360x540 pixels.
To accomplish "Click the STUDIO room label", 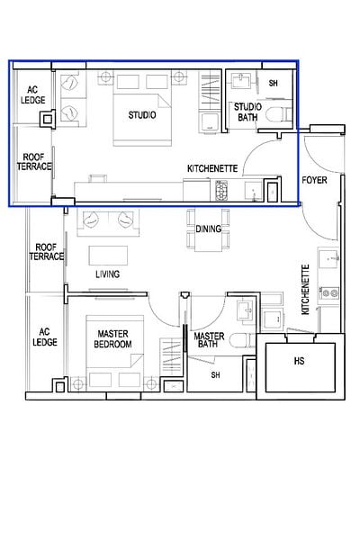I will pos(141,115).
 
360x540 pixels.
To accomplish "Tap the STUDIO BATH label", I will pos(248,112).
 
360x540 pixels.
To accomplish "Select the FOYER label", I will pos(314,180).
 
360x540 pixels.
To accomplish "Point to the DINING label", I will pos(208,229).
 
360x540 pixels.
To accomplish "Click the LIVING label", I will pos(109,274).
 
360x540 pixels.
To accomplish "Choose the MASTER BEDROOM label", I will pos(114,339).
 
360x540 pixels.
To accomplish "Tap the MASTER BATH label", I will pos(209,340).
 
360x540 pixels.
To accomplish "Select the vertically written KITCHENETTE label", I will pos(306,289).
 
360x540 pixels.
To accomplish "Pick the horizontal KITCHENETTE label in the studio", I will pos(211,168).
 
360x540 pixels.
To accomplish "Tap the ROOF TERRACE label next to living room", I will pos(48,251).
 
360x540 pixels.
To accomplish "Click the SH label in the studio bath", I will pos(273,83).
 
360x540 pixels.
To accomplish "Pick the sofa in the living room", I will pos(106,221).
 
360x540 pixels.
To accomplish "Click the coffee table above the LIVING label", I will pos(106,251).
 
